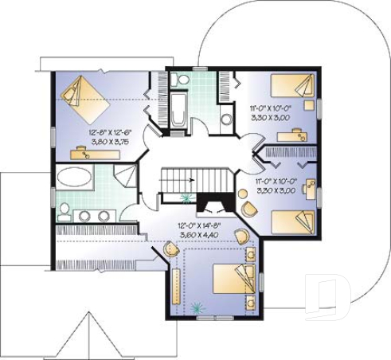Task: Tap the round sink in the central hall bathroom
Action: click(x=225, y=119)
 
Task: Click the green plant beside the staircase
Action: click(x=188, y=199)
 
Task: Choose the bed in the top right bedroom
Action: click(x=291, y=88)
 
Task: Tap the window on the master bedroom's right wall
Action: click(x=259, y=280)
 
